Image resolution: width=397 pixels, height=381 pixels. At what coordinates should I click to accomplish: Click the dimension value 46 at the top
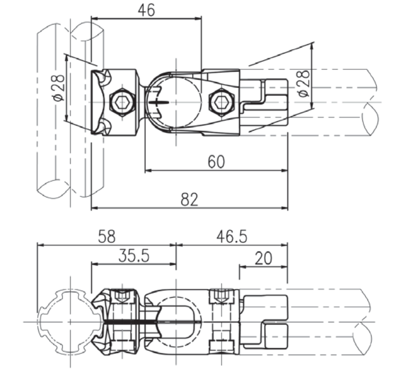click(146, 10)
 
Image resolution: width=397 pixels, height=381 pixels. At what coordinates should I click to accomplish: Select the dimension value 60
click(216, 162)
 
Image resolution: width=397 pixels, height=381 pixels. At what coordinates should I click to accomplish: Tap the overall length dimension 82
click(189, 199)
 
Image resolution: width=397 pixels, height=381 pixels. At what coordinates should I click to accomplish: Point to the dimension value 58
click(107, 236)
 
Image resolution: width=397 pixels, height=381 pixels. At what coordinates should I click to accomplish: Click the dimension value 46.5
click(232, 237)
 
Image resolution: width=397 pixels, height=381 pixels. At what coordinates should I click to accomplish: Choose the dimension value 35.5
click(134, 256)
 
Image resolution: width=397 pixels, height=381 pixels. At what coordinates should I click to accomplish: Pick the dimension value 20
click(263, 259)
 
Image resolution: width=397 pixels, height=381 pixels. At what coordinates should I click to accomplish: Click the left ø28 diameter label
click(59, 88)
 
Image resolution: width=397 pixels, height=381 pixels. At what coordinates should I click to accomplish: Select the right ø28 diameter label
click(304, 83)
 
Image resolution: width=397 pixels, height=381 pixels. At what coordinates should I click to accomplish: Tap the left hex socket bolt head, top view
click(122, 103)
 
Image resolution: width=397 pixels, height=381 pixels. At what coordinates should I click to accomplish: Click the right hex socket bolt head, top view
click(222, 103)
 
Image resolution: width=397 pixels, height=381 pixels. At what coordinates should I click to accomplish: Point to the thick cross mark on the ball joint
click(158, 103)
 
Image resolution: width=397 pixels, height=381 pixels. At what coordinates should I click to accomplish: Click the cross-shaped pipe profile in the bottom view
click(70, 322)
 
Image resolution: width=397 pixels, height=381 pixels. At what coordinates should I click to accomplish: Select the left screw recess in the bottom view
click(122, 296)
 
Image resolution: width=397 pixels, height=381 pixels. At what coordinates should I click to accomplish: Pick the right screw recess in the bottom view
click(221, 296)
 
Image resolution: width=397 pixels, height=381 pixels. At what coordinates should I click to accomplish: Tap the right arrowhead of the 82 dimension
click(284, 208)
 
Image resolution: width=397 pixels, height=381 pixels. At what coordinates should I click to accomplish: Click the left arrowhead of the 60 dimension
click(148, 170)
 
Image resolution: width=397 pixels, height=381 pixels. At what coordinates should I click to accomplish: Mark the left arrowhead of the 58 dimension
click(41, 245)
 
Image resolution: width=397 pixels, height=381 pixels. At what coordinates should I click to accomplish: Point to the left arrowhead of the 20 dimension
click(243, 267)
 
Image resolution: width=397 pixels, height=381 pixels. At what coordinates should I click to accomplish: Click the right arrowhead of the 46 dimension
click(198, 18)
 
